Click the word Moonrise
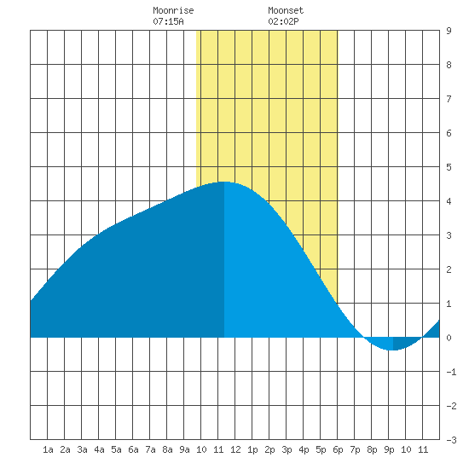tap(173, 10)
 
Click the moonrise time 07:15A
tap(168, 21)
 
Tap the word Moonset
tap(286, 10)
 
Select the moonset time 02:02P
tap(283, 21)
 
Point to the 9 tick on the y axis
tap(449, 31)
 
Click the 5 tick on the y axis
tap(449, 167)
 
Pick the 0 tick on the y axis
tap(449, 338)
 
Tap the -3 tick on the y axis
tap(451, 440)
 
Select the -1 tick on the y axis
tap(451, 372)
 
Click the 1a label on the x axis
tap(48, 449)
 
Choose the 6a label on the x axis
tap(133, 449)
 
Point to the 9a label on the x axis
tap(184, 449)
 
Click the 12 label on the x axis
tap(235, 449)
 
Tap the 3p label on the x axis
tap(287, 449)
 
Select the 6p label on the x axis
tap(338, 449)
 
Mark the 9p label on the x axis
tap(389, 449)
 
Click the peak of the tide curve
tap(223, 182)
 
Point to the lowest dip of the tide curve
tap(393, 350)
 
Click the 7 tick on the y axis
tap(449, 99)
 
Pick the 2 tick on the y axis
tap(449, 269)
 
